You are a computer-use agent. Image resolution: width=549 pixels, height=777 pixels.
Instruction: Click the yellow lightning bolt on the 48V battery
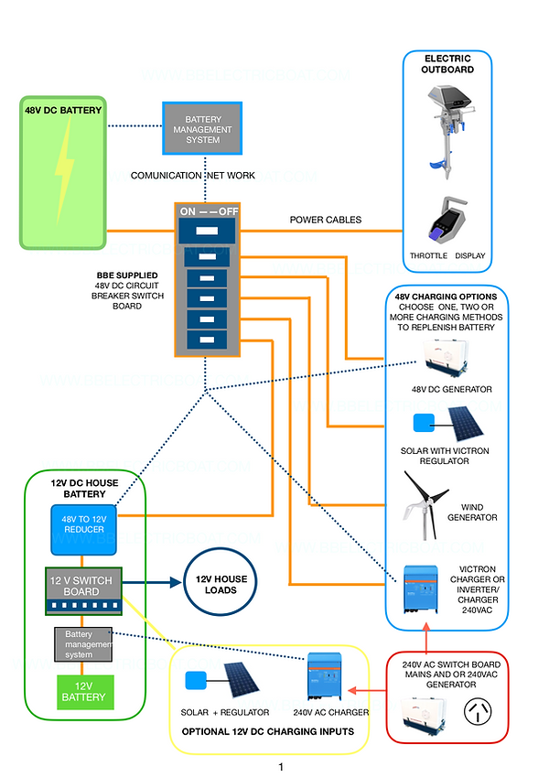coord(63,174)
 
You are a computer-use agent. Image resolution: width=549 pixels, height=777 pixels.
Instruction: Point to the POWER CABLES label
coord(325,220)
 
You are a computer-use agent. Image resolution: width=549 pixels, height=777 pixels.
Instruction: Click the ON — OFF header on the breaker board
coord(209,210)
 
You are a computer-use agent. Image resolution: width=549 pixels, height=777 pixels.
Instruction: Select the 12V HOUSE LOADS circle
coord(221,584)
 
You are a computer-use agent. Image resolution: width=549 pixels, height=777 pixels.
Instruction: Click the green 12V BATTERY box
coord(83,691)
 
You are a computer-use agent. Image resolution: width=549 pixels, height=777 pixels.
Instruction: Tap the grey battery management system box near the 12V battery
coord(83,644)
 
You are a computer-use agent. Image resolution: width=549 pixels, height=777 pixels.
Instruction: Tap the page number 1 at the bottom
coord(281,765)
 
